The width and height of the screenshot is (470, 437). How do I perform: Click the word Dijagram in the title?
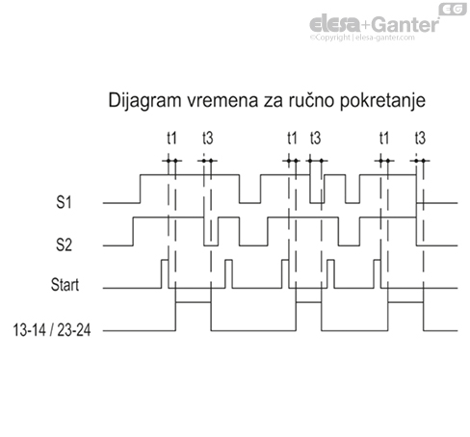[142, 100]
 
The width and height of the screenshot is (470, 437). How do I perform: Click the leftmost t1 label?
[171, 139]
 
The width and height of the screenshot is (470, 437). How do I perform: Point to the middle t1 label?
[293, 139]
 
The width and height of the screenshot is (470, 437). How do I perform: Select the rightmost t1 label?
[384, 139]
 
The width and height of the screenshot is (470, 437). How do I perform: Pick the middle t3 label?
[315, 139]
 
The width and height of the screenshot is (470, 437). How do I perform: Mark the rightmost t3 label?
[419, 139]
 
